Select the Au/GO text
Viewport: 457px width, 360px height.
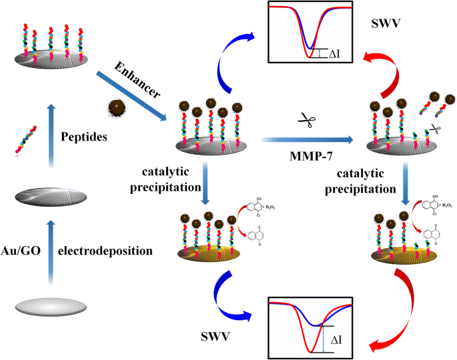tap(29, 253)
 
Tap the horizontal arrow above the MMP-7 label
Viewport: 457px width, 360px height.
tap(307, 140)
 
